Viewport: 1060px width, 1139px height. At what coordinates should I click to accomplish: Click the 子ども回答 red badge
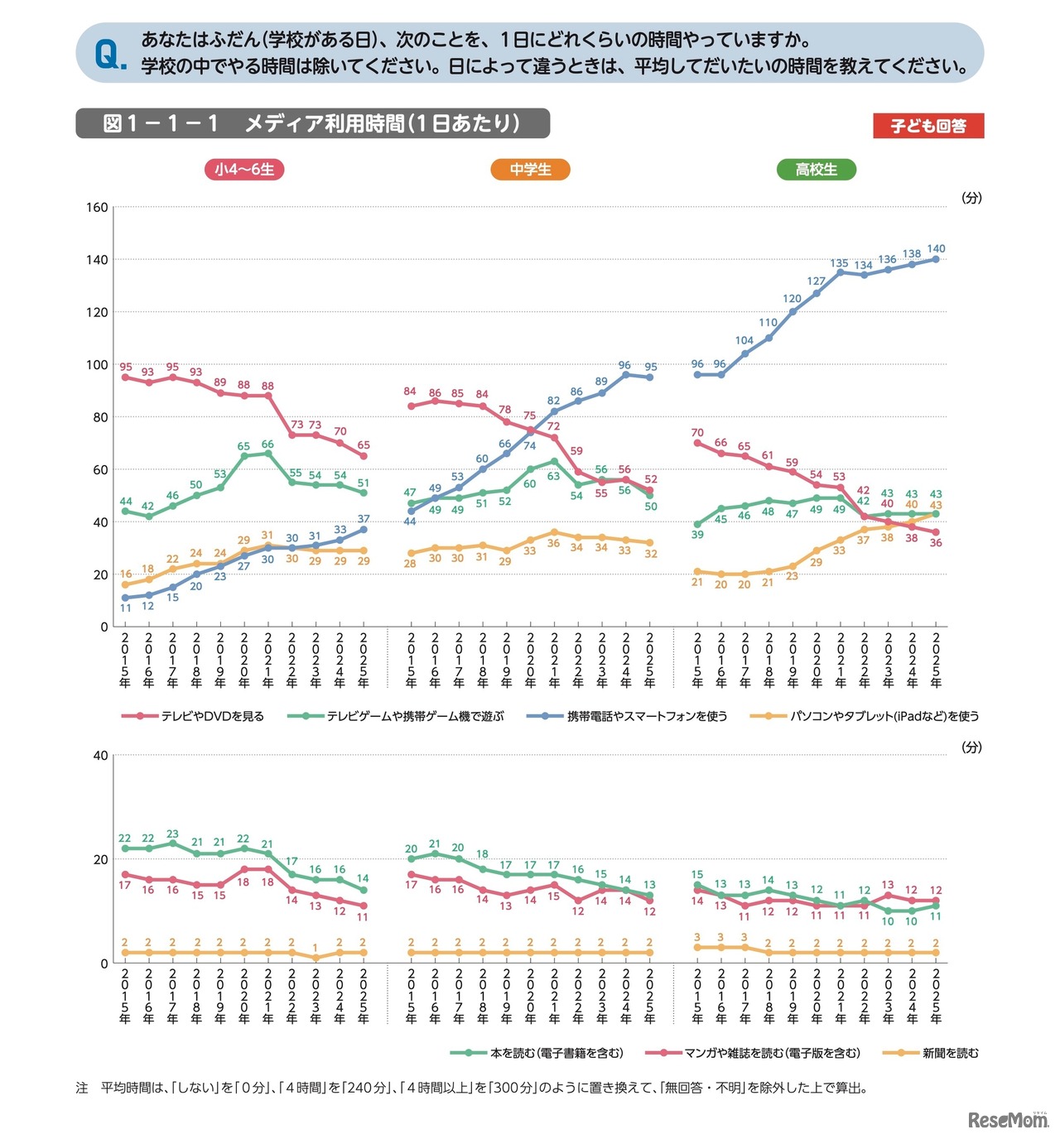click(x=928, y=126)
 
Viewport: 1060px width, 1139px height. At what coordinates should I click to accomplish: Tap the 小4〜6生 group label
click(x=244, y=170)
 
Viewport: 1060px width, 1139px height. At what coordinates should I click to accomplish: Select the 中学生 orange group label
click(x=530, y=170)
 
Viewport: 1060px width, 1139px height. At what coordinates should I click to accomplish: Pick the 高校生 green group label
click(x=816, y=170)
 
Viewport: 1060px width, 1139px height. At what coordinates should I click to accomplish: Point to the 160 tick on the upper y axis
click(x=98, y=207)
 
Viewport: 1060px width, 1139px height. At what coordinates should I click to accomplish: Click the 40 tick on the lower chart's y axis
click(x=100, y=755)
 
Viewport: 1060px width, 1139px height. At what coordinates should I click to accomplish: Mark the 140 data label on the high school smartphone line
click(x=936, y=248)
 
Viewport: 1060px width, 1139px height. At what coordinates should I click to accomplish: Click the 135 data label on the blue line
click(x=840, y=263)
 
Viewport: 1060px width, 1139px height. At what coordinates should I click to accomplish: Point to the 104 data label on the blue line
click(x=744, y=340)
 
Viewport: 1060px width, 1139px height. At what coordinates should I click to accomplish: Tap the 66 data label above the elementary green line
click(x=267, y=445)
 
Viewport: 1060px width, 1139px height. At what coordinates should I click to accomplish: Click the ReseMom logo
click(x=1008, y=1120)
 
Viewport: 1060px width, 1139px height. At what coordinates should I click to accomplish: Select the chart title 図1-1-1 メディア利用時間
click(x=311, y=123)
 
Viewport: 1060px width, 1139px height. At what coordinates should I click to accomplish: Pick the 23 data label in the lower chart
click(x=172, y=834)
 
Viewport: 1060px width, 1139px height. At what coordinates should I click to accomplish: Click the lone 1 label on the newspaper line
click(x=316, y=948)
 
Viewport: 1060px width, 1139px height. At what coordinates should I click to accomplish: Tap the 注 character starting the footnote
click(x=82, y=1088)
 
